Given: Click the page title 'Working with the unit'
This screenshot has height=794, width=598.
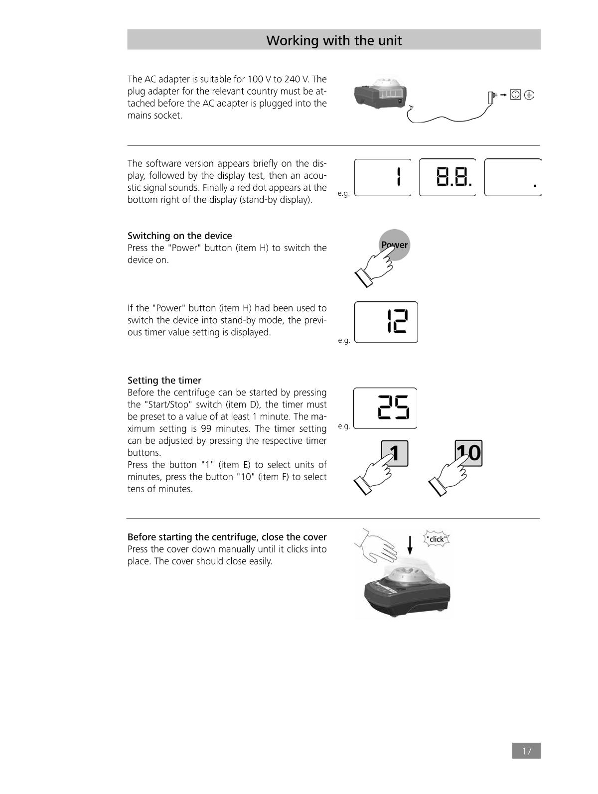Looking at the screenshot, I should [x=333, y=40].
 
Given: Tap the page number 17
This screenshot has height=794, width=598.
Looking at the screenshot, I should [x=526, y=751].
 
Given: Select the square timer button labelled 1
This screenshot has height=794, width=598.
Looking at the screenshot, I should [x=395, y=453].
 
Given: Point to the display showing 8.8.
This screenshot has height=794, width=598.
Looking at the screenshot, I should [x=448, y=177].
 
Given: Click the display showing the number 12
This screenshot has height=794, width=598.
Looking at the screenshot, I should [x=386, y=322].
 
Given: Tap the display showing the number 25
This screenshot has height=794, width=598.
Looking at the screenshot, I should [x=385, y=408].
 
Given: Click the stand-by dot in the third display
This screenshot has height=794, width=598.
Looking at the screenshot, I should [x=535, y=185].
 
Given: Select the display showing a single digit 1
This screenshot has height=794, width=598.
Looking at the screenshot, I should [x=383, y=177].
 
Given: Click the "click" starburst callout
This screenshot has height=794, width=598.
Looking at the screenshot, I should [x=437, y=539].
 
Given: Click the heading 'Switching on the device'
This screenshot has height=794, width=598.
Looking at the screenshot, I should [x=179, y=236].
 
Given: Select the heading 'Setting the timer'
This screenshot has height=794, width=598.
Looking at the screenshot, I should [x=164, y=380].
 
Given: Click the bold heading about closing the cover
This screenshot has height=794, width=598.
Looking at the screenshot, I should [x=227, y=537].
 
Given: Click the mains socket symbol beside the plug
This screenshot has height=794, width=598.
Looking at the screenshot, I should [x=515, y=95].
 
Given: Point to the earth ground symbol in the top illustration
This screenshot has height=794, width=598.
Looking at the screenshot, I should [x=529, y=95].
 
